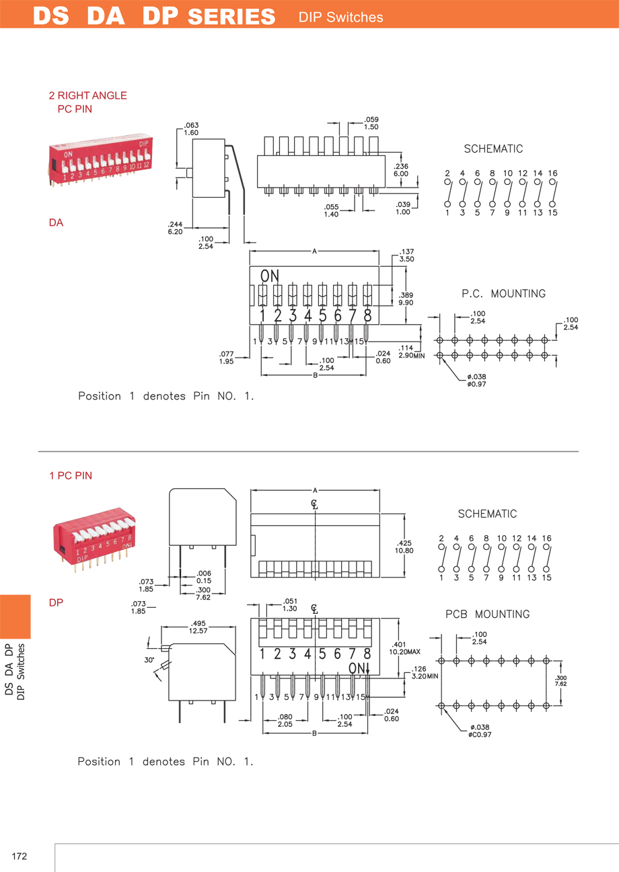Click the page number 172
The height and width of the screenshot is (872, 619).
coord(19,856)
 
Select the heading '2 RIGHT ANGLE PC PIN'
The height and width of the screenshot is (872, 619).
coord(87,102)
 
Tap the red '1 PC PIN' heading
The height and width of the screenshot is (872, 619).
coord(71,475)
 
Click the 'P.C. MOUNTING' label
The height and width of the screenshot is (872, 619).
coord(503,294)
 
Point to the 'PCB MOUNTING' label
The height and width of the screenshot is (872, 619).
coord(487,614)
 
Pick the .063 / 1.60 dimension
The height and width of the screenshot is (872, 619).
coord(191,129)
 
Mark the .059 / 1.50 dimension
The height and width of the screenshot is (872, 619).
coord(371,124)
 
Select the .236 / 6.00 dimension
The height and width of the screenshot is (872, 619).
coord(401,169)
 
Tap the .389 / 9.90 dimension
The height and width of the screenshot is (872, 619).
coord(406,299)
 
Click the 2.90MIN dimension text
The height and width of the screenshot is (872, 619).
coord(410,355)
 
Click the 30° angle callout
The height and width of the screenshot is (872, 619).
coord(149,660)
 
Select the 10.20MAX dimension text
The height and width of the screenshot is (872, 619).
coord(405,651)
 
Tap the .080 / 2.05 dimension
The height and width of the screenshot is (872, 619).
coord(285,721)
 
